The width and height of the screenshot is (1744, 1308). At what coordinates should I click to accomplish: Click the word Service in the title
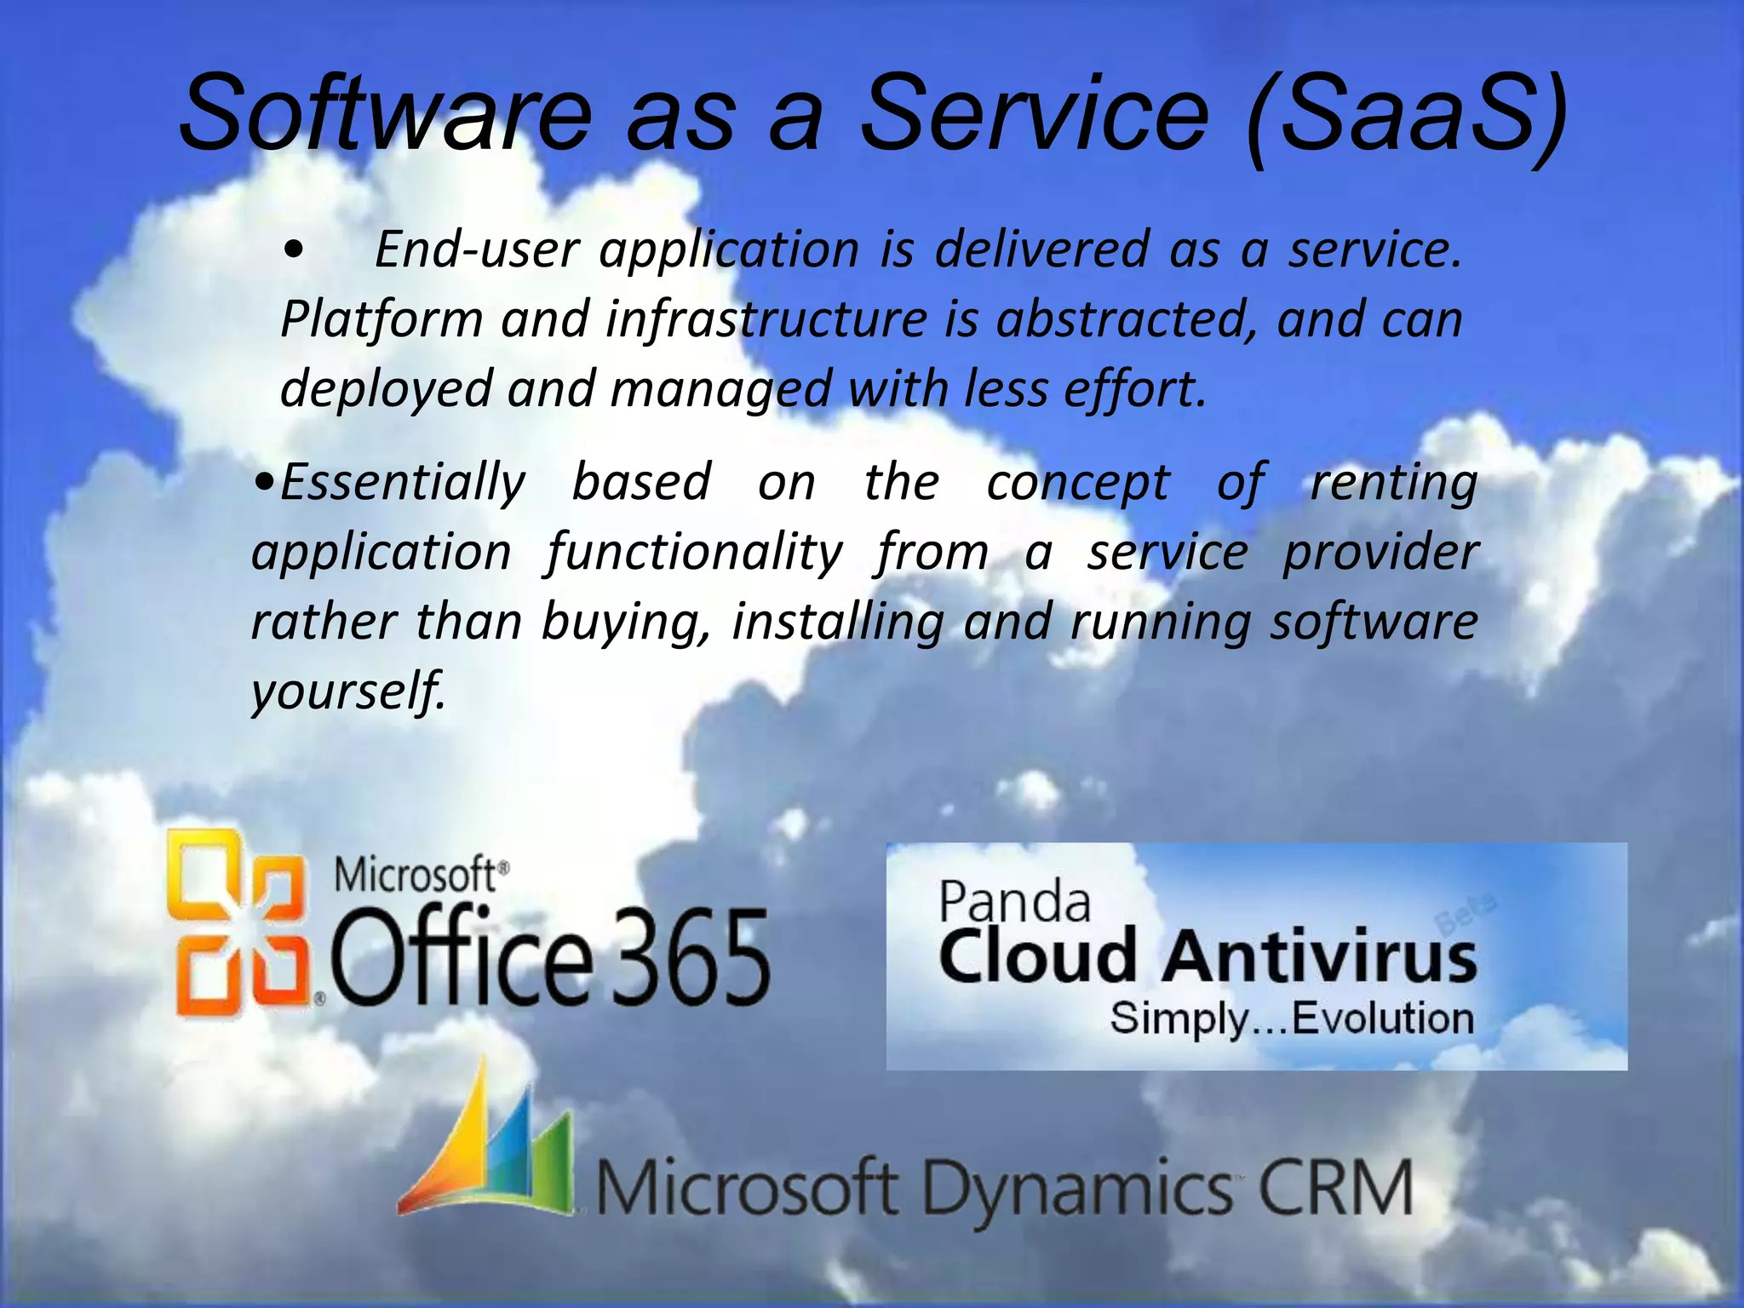pyautogui.click(x=1034, y=112)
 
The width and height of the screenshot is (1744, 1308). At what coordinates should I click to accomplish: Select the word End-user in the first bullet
pyautogui.click(x=477, y=250)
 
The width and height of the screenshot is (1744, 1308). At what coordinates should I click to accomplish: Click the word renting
pyautogui.click(x=1393, y=483)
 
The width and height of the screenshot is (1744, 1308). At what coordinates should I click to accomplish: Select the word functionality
pyautogui.click(x=694, y=553)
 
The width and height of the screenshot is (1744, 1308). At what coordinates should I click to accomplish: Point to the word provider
pyautogui.click(x=1380, y=553)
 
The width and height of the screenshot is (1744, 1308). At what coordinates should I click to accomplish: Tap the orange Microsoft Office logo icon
pyautogui.click(x=238, y=923)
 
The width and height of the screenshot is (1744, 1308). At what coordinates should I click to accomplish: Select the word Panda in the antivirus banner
pyautogui.click(x=1014, y=902)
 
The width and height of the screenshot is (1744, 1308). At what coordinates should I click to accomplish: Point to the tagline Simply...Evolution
pyautogui.click(x=1291, y=1018)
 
